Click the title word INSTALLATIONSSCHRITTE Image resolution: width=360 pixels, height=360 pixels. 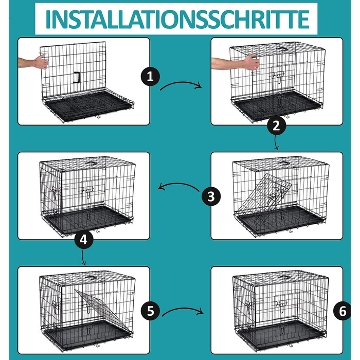pyautogui.click(x=177, y=19)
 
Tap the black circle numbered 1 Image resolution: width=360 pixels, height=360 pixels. pyautogui.click(x=150, y=77)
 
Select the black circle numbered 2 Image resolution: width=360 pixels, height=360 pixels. pyautogui.click(x=277, y=126)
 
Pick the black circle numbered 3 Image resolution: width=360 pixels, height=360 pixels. pyautogui.click(x=211, y=196)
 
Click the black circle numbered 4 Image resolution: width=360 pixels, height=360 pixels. pyautogui.click(x=84, y=240)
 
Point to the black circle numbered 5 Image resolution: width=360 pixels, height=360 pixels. pyautogui.click(x=150, y=311)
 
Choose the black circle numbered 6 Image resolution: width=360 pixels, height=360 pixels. pyautogui.click(x=342, y=311)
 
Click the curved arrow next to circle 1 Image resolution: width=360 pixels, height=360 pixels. pyautogui.click(x=180, y=83)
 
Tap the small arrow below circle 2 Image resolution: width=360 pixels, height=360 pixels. pyautogui.click(x=277, y=143)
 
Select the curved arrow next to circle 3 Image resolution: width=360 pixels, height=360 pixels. pyautogui.click(x=178, y=184)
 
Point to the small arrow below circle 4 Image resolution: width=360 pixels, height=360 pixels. pyautogui.click(x=83, y=257)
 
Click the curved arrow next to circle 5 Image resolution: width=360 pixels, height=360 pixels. pyautogui.click(x=183, y=309)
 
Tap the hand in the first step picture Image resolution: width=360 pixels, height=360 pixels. pyautogui.click(x=41, y=62)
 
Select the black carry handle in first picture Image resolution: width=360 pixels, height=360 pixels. pyautogui.click(x=77, y=77)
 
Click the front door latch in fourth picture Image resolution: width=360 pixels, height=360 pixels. pyautogui.click(x=88, y=192)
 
